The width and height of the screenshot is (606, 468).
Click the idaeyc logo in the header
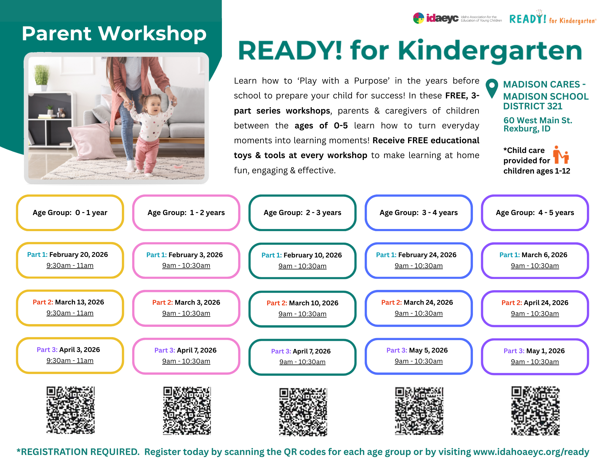tap(436, 18)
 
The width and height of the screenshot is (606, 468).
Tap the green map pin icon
tap(491, 88)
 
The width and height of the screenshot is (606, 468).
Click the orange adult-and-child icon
tap(561, 155)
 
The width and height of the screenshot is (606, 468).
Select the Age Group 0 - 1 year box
tap(70, 213)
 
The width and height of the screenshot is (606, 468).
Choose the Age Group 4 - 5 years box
tap(535, 213)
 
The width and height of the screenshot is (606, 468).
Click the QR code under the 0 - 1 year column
tap(70, 410)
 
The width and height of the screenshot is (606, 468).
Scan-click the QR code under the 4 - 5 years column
tap(535, 410)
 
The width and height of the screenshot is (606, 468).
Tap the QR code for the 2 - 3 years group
tap(303, 411)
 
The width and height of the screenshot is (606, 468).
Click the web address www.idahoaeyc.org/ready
tap(531, 452)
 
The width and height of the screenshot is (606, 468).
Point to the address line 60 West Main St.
tap(537, 121)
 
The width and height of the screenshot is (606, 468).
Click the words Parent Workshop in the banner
tap(114, 33)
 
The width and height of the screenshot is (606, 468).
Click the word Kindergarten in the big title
tap(490, 51)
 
